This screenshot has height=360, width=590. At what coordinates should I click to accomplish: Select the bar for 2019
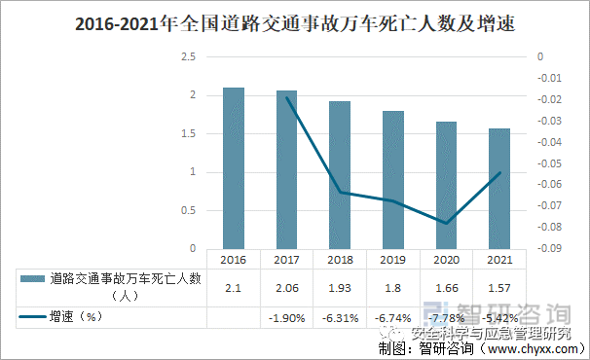click(x=393, y=179)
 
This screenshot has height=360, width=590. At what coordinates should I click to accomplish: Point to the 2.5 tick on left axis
click(x=189, y=57)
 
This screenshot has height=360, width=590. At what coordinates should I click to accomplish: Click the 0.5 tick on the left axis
click(x=189, y=210)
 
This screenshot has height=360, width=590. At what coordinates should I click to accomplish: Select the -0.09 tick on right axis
click(x=551, y=248)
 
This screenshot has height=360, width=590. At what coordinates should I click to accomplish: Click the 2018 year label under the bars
click(x=340, y=261)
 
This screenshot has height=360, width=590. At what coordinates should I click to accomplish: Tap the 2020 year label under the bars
click(x=446, y=261)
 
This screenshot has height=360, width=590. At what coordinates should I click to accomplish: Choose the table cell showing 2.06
click(x=286, y=287)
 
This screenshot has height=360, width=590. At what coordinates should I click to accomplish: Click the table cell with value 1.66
click(x=446, y=287)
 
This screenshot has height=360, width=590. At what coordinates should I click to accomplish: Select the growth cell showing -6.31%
click(x=340, y=318)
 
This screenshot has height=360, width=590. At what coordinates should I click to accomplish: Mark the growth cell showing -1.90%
click(x=286, y=318)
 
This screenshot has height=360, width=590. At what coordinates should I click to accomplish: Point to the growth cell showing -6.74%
click(x=393, y=318)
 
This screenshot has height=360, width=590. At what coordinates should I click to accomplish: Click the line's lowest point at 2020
click(x=446, y=223)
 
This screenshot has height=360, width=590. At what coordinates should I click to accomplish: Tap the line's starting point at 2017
click(x=286, y=97)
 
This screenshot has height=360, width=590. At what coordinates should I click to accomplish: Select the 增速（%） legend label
click(x=77, y=317)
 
